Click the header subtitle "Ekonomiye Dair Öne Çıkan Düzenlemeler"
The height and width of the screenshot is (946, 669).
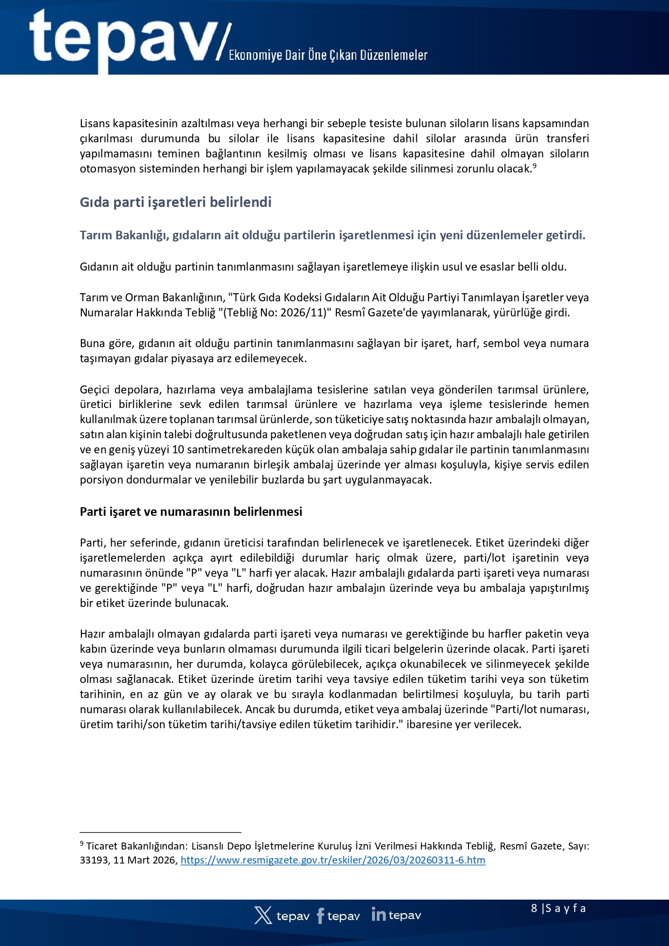click(328, 56)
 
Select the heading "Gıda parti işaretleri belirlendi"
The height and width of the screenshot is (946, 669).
click(176, 202)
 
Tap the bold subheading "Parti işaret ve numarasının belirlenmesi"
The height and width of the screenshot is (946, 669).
click(191, 512)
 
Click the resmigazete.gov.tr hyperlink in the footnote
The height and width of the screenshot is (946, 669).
click(333, 860)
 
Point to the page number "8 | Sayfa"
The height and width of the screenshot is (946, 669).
click(558, 908)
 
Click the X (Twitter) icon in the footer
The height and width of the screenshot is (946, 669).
click(263, 915)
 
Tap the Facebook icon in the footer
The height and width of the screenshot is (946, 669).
click(321, 915)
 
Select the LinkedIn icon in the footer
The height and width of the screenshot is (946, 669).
click(378, 915)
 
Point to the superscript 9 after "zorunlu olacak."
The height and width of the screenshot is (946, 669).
click(534, 165)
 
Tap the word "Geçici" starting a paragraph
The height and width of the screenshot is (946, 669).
click(94, 390)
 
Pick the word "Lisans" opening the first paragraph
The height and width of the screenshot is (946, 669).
click(95, 123)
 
